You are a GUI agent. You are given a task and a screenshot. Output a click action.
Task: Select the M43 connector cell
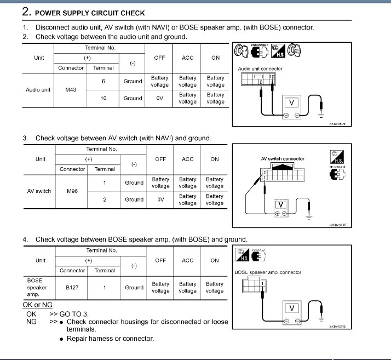point(71,89)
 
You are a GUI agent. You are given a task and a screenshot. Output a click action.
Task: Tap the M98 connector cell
point(72,191)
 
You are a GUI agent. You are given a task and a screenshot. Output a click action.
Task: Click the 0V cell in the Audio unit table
point(160,98)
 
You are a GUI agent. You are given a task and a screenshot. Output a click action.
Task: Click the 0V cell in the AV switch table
point(160,199)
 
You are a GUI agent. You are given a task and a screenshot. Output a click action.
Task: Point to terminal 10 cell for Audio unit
point(104,98)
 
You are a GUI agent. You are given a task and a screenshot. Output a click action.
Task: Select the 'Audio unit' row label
point(38,89)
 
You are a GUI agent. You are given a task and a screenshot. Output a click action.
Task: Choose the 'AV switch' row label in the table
point(39,191)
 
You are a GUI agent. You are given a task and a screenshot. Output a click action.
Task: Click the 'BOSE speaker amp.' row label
point(37,287)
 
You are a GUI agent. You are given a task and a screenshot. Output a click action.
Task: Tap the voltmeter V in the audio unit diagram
point(291,102)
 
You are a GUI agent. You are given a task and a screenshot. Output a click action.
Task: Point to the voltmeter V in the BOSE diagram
point(291,308)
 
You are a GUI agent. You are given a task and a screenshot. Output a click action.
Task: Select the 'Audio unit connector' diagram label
point(260,68)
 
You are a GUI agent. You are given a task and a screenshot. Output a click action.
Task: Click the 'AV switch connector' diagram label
point(283,159)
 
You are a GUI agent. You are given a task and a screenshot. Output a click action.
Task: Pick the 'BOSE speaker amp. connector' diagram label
point(268,272)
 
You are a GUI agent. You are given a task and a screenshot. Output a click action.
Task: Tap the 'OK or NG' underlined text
point(37,305)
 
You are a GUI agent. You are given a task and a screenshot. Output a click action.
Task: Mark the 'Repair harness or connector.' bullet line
point(110,339)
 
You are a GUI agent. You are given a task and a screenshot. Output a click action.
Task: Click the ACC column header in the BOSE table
point(187,260)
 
